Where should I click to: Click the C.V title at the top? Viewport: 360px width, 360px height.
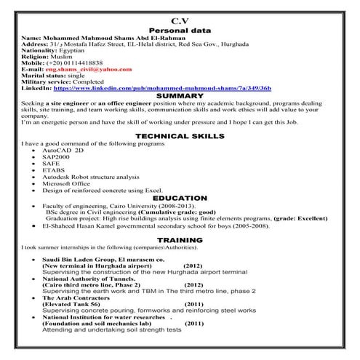[180, 20]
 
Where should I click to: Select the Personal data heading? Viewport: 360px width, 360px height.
[179, 31]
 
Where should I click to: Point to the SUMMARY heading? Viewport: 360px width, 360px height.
[179, 95]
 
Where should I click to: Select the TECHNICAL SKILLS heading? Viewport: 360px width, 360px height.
[179, 136]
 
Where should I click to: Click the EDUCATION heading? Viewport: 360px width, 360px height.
[179, 198]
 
